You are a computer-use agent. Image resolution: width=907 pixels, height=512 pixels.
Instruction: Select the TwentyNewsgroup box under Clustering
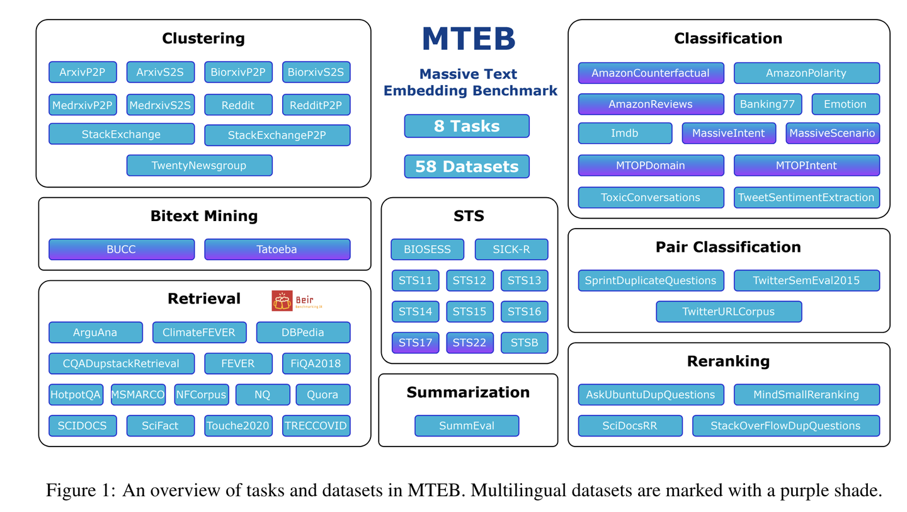199,166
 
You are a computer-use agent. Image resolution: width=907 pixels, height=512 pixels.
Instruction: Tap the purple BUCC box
121,249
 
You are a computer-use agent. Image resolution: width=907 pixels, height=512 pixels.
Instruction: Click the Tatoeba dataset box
277,249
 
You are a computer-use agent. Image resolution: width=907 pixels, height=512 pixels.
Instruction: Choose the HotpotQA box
76,395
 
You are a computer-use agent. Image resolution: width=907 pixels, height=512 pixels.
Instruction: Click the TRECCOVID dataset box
316,426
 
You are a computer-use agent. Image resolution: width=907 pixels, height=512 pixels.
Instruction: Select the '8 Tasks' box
467,126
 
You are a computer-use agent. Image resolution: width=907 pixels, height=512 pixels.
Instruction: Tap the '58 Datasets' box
467,166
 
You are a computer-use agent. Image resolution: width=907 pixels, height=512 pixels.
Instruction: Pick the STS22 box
470,343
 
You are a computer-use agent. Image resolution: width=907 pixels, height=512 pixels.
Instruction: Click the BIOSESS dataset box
427,249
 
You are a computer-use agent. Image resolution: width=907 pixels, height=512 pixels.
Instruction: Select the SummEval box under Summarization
467,426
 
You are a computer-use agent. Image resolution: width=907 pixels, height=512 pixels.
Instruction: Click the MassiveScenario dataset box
833,133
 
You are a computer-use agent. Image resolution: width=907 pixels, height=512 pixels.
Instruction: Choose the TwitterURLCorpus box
729,311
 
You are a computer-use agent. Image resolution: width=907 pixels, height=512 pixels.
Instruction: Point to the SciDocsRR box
630,426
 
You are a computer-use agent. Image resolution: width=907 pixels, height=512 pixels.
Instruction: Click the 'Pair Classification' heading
728,247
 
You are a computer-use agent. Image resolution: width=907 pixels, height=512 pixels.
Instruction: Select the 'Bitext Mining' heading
204,216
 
